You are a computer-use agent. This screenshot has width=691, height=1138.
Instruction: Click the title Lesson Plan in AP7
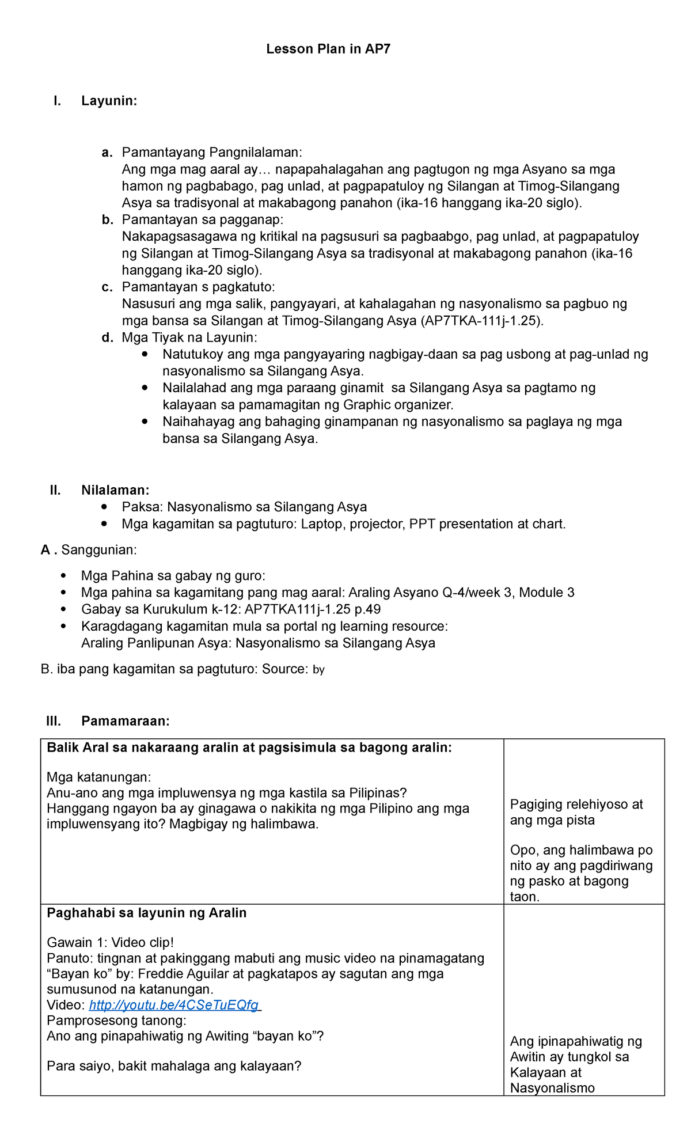(x=328, y=49)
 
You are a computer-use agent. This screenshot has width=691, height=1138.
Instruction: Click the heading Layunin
(x=109, y=101)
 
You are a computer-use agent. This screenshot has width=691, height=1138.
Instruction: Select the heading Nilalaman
(x=115, y=490)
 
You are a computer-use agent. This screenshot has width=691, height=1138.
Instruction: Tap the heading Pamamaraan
(x=126, y=721)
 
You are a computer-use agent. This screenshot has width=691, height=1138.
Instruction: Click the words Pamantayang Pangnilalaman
(x=211, y=153)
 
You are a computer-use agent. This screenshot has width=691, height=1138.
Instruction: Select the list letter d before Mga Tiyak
(x=107, y=338)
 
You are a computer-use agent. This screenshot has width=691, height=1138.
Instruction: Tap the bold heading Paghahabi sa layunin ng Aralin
(x=147, y=913)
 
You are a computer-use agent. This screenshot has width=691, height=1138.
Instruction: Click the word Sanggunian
(x=98, y=550)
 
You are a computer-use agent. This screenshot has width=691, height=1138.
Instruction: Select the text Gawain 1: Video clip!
(x=110, y=943)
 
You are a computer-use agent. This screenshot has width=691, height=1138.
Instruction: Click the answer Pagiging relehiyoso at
(x=576, y=805)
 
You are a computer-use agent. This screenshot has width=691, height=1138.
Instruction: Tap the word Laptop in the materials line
(x=322, y=524)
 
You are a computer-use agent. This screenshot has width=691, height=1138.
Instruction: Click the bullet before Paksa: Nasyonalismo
(x=104, y=507)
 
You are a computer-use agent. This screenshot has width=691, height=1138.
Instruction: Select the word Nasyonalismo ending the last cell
(x=552, y=1088)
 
